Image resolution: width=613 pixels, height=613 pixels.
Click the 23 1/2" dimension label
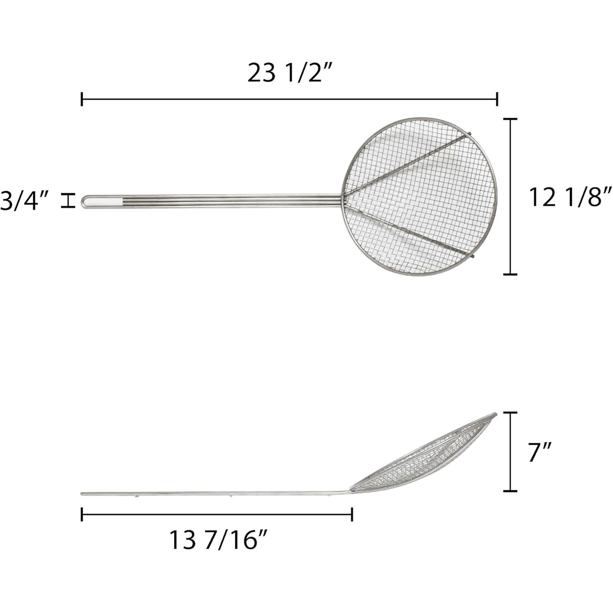click(x=290, y=74)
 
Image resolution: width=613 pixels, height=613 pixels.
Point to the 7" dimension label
click(x=540, y=452)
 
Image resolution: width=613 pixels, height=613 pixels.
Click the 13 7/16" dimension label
click(x=219, y=540)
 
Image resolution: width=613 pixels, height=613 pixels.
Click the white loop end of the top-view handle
click(x=102, y=202)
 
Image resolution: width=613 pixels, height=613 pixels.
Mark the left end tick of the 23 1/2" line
click(x=82, y=100)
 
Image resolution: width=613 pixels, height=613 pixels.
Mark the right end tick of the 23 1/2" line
click(x=498, y=100)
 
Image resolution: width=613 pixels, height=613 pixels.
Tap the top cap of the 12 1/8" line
click(x=510, y=119)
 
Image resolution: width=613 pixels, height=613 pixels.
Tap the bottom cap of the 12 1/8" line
click(x=510, y=274)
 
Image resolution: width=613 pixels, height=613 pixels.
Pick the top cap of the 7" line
click(x=510, y=413)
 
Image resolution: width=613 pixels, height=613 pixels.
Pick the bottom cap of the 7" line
click(x=510, y=491)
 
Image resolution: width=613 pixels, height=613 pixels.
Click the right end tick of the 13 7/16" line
click(x=352, y=514)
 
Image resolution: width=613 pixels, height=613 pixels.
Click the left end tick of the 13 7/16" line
click(x=82, y=514)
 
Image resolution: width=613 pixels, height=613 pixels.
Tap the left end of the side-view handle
click(x=83, y=493)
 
